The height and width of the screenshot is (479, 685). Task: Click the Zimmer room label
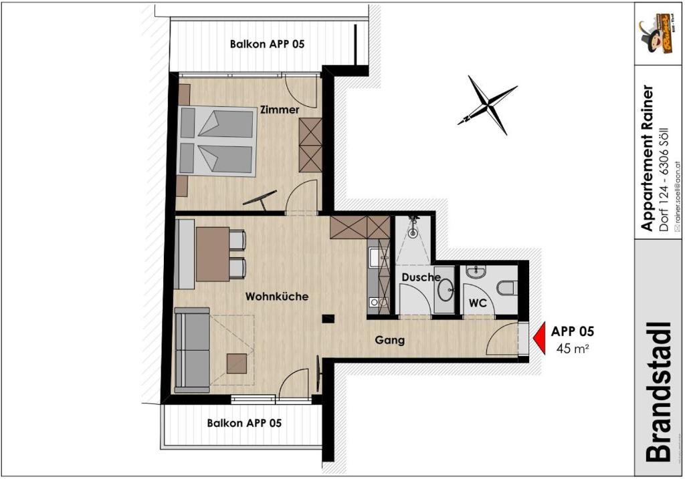click(x=280, y=110)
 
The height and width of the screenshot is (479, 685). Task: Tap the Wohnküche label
click(x=277, y=296)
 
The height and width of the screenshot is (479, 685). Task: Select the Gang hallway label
click(x=389, y=340)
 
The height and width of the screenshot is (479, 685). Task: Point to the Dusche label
click(x=421, y=277)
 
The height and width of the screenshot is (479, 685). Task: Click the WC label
click(x=478, y=303)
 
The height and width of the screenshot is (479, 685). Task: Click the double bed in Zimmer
click(x=217, y=142)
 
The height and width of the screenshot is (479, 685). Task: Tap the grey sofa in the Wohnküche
click(x=193, y=349)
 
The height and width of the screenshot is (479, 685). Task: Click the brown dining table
click(x=212, y=254)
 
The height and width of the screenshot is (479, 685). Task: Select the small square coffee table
click(x=237, y=363)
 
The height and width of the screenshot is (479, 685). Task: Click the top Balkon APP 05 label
click(x=267, y=45)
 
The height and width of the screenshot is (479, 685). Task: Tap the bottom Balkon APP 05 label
click(x=244, y=423)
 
